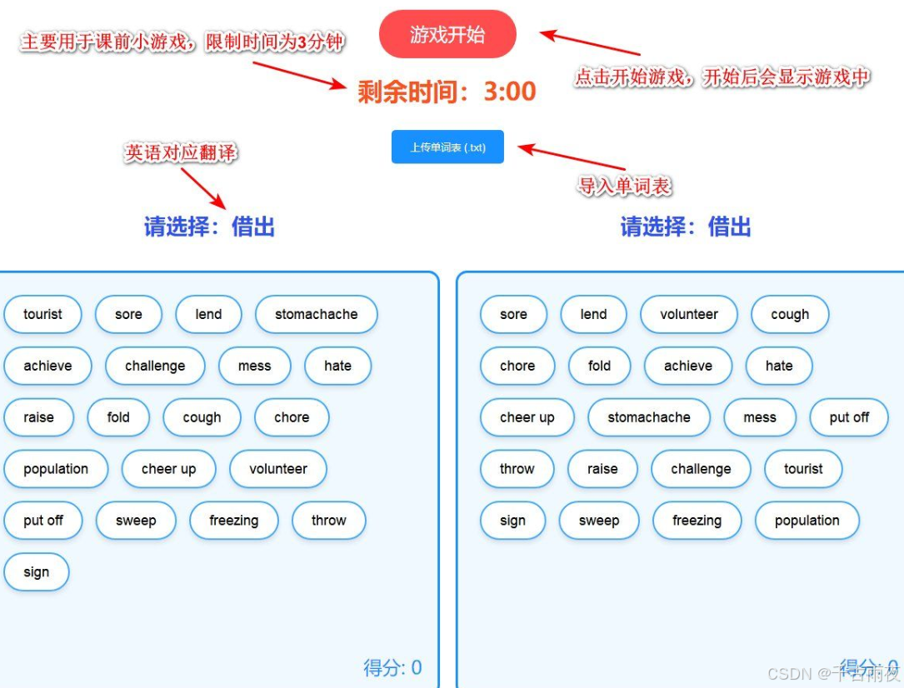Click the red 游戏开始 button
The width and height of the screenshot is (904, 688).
[x=447, y=35]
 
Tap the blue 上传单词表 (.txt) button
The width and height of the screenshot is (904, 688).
[x=447, y=147]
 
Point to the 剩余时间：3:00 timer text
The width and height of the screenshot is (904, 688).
[x=447, y=92]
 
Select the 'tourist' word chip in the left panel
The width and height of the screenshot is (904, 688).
[x=42, y=314]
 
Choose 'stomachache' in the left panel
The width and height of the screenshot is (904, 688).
[x=316, y=314]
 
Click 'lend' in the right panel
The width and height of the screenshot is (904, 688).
[x=593, y=314]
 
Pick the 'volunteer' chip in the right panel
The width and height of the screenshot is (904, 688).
[x=688, y=314]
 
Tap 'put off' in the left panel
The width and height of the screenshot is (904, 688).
[x=42, y=521]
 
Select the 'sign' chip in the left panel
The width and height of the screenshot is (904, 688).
[x=36, y=572]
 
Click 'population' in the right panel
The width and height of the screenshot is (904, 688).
[x=807, y=521]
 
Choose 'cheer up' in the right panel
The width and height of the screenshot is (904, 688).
[x=527, y=417]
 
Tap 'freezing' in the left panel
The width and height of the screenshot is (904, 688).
[x=233, y=521]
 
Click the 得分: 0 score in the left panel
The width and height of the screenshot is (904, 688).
[x=392, y=667]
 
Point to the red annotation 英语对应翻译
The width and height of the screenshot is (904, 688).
[x=181, y=152]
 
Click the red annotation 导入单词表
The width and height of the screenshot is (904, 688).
[x=624, y=186]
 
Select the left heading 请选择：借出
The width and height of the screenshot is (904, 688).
[x=209, y=227]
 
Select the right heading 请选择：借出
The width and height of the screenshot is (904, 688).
[x=686, y=227]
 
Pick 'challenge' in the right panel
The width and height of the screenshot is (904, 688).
[x=701, y=469]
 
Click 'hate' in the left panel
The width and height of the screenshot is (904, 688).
[x=337, y=366]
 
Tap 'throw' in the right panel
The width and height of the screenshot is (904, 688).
[x=517, y=469]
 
